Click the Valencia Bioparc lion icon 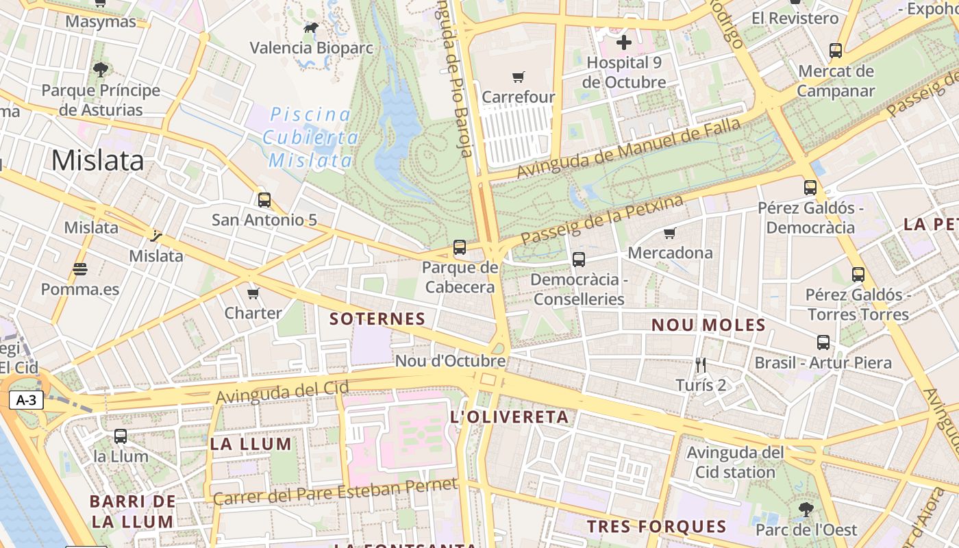point(311,28)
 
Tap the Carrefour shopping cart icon point(518,77)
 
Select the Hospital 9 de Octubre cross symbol point(623,43)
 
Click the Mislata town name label point(97,160)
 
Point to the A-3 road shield point(26,401)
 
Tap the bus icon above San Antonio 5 point(264,200)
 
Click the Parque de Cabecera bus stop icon point(460,247)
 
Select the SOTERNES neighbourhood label point(377,319)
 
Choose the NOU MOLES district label point(708,325)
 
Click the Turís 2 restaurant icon point(700,365)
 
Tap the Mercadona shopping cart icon point(670,234)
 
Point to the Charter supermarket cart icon point(253,294)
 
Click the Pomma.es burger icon point(80,269)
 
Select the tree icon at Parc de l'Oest point(806,510)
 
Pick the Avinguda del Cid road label point(282,392)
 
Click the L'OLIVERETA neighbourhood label point(510,417)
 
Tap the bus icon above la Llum point(121,436)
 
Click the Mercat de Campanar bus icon point(836,51)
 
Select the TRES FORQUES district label point(657,527)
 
